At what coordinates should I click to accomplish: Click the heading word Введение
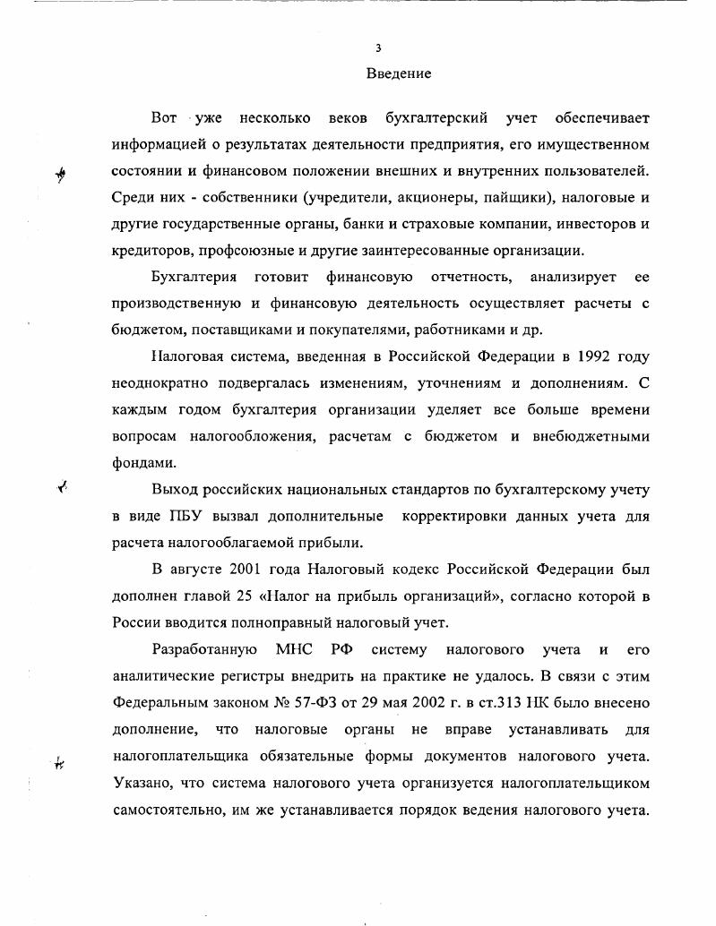(399, 73)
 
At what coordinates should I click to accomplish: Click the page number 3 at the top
(379, 48)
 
